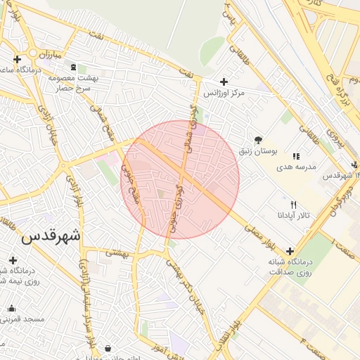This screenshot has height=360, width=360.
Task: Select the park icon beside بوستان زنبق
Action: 258,139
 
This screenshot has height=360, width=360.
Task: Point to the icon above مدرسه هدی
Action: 296,156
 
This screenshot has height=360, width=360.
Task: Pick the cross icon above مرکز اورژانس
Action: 224,82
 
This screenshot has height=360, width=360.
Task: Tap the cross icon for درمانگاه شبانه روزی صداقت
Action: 290,250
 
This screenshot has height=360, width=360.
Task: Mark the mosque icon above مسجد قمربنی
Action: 11,308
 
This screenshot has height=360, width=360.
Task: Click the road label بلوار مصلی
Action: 269,239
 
